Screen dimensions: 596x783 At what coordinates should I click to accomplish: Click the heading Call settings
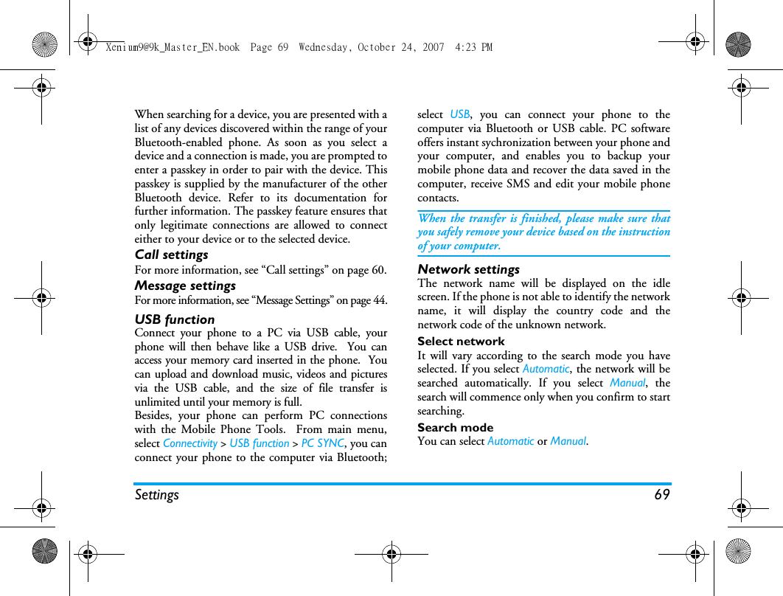point(171,254)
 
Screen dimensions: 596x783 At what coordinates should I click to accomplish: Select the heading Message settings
point(185,285)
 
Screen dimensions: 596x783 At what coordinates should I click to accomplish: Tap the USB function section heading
point(175,319)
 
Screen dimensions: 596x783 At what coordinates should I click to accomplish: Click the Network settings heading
point(468,269)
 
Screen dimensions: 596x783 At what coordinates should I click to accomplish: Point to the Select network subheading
point(461,342)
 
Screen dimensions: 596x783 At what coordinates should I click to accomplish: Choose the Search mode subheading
point(455,428)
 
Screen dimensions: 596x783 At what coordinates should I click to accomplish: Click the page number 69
point(662,494)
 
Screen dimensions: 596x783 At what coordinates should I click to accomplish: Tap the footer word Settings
point(156,494)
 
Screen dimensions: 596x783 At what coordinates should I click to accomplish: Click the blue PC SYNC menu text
point(323,443)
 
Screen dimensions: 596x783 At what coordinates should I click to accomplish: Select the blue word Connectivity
point(190,443)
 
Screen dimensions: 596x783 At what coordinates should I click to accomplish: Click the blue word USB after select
point(460,114)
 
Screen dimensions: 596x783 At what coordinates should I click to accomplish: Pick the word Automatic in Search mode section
point(510,441)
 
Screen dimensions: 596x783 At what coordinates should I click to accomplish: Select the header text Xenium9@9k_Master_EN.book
point(173,47)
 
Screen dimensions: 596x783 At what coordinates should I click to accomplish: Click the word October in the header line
point(377,47)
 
